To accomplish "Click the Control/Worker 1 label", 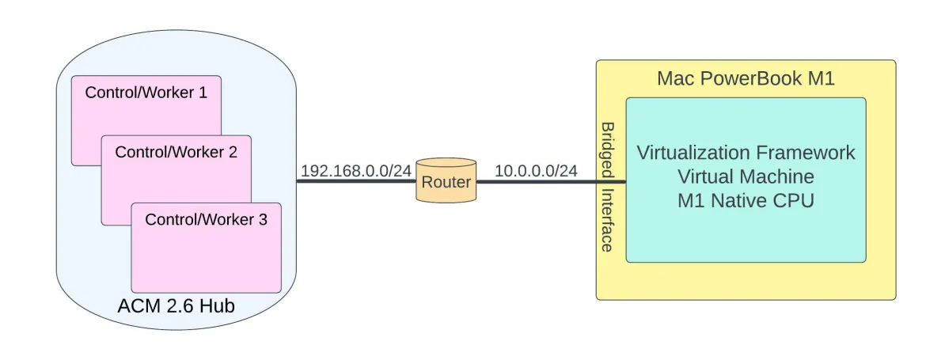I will tap(146, 93).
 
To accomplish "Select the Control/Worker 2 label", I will tap(176, 152).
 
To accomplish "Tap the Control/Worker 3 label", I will tap(206, 219).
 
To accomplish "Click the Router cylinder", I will tap(446, 182).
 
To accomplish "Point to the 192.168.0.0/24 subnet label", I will tap(356, 170).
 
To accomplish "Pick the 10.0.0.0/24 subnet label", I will tap(536, 170).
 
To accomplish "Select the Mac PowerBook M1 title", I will tap(746, 78).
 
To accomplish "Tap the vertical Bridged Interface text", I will tap(607, 187).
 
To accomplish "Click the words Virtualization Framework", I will tap(746, 152).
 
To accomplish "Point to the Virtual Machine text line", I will tap(746, 176).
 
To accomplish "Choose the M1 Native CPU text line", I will tap(746, 201).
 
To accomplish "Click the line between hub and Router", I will tap(356, 181).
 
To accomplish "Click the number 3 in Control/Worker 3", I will tap(263, 219).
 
